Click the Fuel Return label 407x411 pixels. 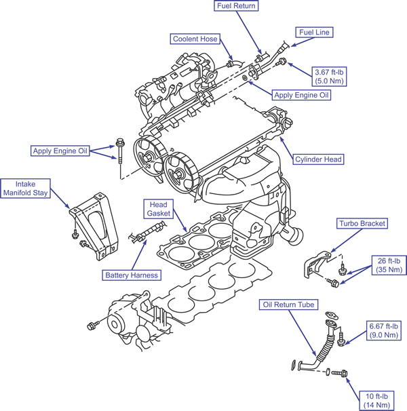[236, 6]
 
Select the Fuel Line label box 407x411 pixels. [314, 33]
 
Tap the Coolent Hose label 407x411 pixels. [195, 39]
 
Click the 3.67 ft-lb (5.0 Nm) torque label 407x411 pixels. [329, 77]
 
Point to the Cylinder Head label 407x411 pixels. [318, 159]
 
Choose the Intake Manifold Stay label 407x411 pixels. [26, 189]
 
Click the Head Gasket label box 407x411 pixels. [159, 209]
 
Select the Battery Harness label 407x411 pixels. [132, 275]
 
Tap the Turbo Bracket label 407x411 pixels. [362, 223]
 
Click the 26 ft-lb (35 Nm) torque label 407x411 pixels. [389, 265]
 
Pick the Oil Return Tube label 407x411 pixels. [288, 305]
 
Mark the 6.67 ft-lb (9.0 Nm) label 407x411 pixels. [384, 330]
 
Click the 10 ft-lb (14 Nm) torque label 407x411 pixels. [377, 401]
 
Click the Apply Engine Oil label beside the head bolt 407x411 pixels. [60, 151]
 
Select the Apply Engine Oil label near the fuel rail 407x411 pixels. [301, 95]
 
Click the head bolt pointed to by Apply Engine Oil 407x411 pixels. [120, 151]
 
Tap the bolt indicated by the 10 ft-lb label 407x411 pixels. [339, 372]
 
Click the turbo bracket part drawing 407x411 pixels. [317, 265]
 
